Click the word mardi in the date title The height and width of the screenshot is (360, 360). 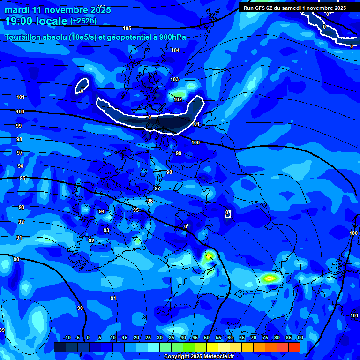point(17,10)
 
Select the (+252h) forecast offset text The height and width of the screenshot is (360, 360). point(84,21)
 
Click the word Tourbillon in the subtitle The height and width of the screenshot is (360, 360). point(25,37)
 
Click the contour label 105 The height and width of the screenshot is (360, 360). point(127,29)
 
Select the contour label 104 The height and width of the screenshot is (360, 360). point(175,50)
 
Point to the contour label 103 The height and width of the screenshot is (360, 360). point(174,79)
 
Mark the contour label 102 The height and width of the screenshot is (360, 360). point(178,99)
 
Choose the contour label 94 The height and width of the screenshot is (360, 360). point(102,211)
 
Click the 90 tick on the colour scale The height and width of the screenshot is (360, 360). point(300,337)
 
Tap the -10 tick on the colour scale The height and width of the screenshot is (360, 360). point(67,337)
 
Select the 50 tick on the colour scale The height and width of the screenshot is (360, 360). point(207,337)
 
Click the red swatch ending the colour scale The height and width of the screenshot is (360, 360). point(294,347)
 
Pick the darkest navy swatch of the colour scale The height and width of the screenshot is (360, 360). point(60,347)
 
